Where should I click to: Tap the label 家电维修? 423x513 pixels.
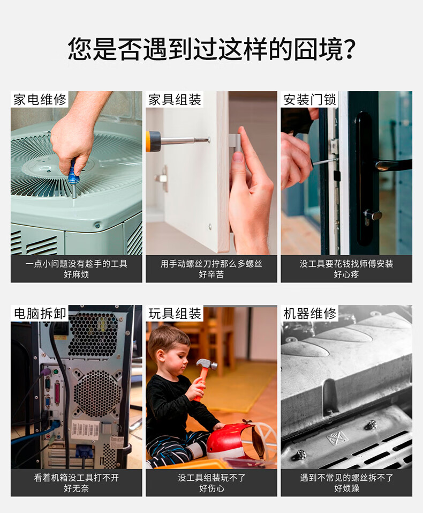(x=40, y=100)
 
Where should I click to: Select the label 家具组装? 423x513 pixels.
(x=175, y=100)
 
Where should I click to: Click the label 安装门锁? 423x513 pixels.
(x=309, y=100)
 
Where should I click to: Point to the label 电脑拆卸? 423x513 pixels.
(x=40, y=314)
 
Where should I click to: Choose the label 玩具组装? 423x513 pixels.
(x=175, y=314)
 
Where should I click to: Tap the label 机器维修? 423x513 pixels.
(x=309, y=314)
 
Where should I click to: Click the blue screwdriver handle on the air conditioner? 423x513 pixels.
(x=72, y=173)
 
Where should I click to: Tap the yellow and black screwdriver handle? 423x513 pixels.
(x=153, y=141)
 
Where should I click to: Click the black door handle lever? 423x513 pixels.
(x=393, y=163)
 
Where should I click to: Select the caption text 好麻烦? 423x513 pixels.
(x=77, y=274)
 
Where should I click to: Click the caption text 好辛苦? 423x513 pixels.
(x=211, y=274)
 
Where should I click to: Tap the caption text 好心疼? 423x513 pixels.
(x=346, y=274)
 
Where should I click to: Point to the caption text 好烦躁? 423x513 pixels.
(x=346, y=488)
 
